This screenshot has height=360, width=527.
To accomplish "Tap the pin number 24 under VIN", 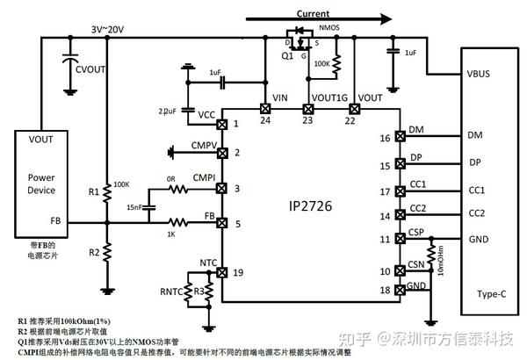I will [x=264, y=121].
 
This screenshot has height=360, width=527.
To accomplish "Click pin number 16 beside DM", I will [x=385, y=137].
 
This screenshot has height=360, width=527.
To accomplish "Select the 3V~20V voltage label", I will [x=109, y=28].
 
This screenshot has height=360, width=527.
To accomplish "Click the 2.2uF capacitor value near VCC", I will [x=168, y=112].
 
